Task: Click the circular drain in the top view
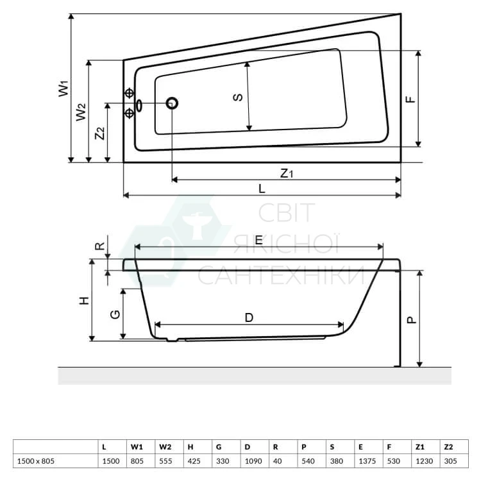(172, 103)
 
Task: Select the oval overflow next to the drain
(139, 105)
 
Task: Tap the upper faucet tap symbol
(130, 93)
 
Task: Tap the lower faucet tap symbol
(130, 113)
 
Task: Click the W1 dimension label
(63, 89)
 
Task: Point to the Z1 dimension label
(287, 173)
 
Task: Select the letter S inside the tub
(238, 97)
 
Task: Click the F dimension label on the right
(410, 99)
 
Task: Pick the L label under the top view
(262, 189)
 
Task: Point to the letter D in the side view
(249, 318)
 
